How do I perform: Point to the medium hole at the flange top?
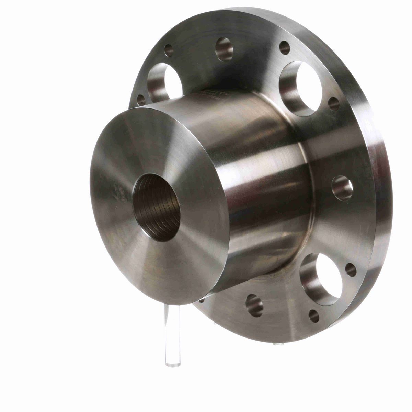coord(224,49)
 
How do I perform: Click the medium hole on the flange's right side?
coord(342,187)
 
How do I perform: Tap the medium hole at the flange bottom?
coord(254,305)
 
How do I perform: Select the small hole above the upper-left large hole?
coord(169,50)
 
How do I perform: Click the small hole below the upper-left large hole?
coord(141,100)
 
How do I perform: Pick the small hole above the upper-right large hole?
coord(285,48)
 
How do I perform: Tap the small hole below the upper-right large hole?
coord(334,104)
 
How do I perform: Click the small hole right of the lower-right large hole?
coord(351,270)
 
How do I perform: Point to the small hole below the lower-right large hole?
coord(313,316)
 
